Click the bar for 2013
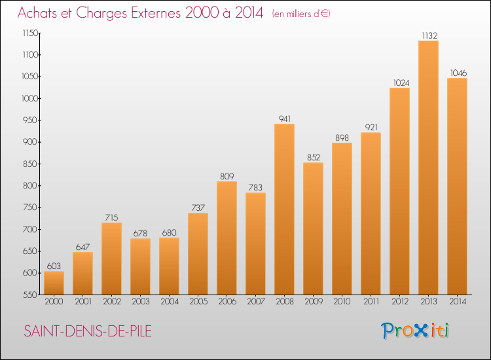click(x=428, y=168)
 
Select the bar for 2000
click(x=54, y=283)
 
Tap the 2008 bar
click(x=284, y=209)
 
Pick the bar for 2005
click(x=198, y=253)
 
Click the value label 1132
click(x=429, y=36)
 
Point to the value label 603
click(x=54, y=266)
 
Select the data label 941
click(x=285, y=118)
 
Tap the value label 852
click(x=314, y=157)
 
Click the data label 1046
click(x=458, y=73)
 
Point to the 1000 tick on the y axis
click(x=30, y=99)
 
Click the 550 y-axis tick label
click(x=30, y=295)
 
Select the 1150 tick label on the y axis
click(x=30, y=33)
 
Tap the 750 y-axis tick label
click(x=30, y=207)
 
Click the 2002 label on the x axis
click(x=112, y=302)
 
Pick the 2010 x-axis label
click(x=342, y=302)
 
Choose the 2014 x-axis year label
click(x=458, y=302)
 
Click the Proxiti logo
click(x=415, y=331)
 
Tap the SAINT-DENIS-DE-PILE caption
click(x=88, y=331)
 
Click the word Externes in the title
click(x=156, y=13)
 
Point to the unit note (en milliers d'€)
click(x=301, y=14)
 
